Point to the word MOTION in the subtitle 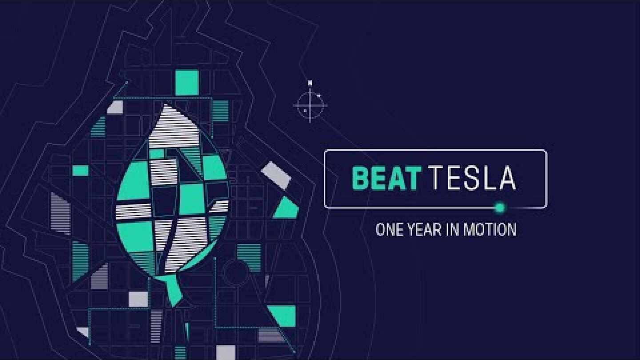pos(490,230)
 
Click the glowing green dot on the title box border pos(500,208)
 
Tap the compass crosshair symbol pos(310,106)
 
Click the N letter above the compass pos(310,83)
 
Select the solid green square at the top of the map pos(187,83)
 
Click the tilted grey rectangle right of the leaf pos(276,175)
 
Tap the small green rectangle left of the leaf pos(80,170)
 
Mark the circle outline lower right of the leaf pos(235,272)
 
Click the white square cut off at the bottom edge pos(225,352)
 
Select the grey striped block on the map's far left pos(60,213)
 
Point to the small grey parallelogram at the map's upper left pos(115,107)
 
